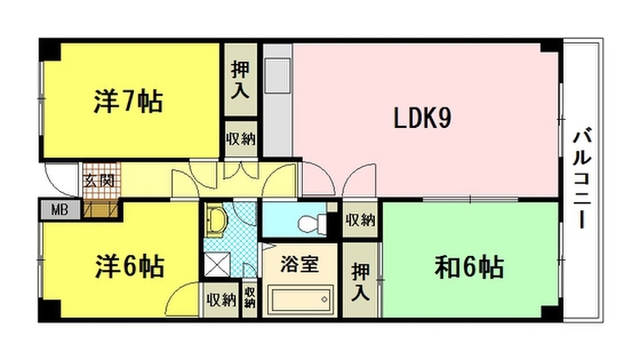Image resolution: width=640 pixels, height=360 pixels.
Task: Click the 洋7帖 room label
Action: click(129, 101)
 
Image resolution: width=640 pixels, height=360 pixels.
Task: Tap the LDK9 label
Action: click(422, 118)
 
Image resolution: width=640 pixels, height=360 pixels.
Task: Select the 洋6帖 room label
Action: click(130, 267)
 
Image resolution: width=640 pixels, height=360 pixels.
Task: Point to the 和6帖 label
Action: click(469, 267)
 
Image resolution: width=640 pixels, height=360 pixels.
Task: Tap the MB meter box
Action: click(60, 210)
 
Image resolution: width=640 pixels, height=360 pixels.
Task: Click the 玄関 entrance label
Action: click(99, 180)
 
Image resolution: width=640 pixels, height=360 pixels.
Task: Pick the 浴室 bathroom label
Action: click(300, 264)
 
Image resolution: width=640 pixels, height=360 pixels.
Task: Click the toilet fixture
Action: click(313, 224)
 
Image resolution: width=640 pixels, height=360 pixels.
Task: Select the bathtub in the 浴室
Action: click(300, 300)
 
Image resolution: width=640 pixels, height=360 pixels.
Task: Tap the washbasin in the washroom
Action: click(216, 220)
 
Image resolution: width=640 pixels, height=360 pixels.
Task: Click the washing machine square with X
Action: click(217, 264)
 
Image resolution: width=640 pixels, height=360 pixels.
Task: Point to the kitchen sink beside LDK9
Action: click(277, 76)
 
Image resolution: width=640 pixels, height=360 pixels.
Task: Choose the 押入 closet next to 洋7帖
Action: click(240, 80)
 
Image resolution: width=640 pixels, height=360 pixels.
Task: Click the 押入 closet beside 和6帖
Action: click(360, 281)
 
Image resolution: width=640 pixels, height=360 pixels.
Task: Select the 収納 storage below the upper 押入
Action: click(241, 139)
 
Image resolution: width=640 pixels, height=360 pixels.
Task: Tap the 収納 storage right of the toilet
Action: click(360, 220)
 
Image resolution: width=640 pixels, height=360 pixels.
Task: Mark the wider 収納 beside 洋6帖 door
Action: click(221, 300)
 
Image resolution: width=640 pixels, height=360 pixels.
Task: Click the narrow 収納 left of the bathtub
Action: click(250, 298)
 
